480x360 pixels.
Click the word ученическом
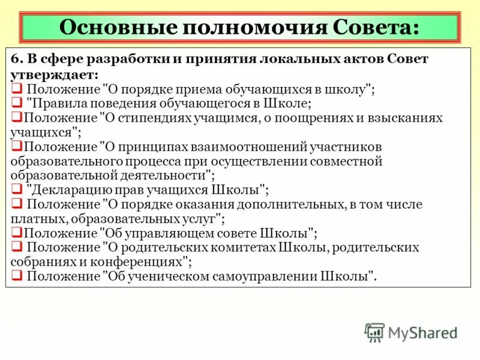170,277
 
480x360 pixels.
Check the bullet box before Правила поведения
17,103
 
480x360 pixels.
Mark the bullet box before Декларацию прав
17,190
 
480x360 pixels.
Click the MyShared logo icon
374,332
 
